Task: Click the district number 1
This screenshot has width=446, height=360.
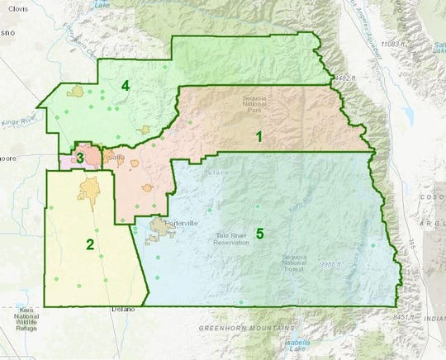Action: pyautogui.click(x=259, y=137)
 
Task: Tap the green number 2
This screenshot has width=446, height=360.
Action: pyautogui.click(x=89, y=244)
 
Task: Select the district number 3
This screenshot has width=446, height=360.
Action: pyautogui.click(x=79, y=157)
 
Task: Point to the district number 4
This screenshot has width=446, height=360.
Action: pyautogui.click(x=126, y=85)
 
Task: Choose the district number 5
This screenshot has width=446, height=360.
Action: pyautogui.click(x=259, y=234)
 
